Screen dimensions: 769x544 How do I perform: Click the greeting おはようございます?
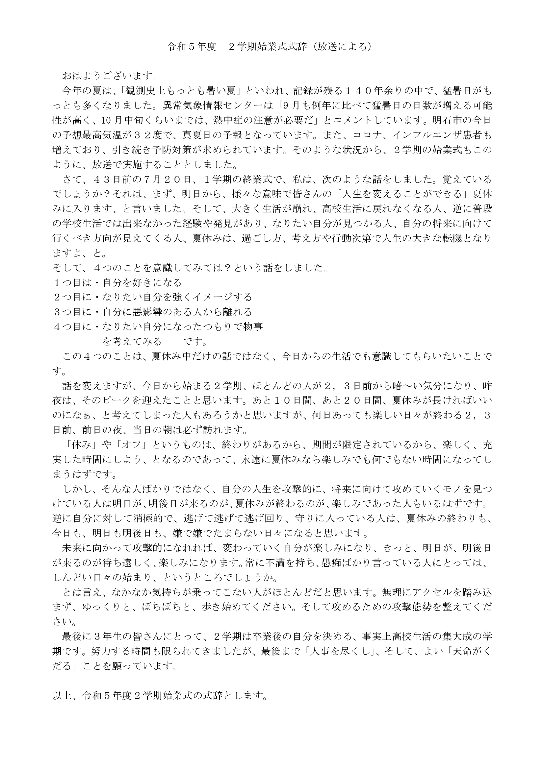tap(109, 76)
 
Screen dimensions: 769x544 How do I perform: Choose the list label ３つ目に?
tap(72, 312)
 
